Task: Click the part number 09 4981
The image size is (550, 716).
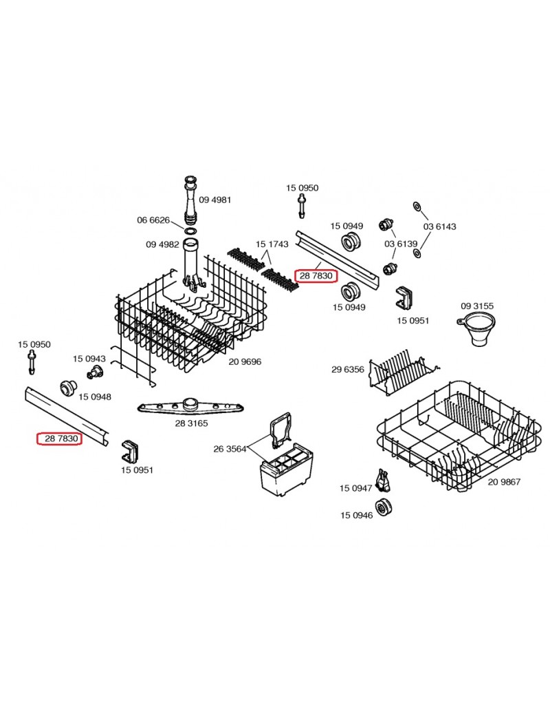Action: coord(215,200)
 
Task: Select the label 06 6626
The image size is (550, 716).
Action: coord(153,220)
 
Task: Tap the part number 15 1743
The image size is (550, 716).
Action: coord(272,244)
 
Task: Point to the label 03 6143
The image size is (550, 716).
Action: coord(439,227)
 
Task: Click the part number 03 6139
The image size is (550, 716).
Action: coord(401,244)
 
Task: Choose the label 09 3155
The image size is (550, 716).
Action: coord(477,306)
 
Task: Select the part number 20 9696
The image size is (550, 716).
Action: coord(245,361)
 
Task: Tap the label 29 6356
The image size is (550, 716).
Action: coord(348,370)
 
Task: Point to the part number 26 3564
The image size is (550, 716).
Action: coord(230,449)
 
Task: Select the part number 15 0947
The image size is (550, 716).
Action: coord(355,488)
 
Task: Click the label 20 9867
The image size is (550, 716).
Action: coord(505,482)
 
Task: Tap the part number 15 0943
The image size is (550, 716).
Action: coord(89,359)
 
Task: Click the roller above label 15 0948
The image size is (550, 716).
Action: coord(67,387)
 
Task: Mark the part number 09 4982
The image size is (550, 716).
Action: coord(162,244)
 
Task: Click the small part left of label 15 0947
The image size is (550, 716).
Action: coord(382,480)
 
